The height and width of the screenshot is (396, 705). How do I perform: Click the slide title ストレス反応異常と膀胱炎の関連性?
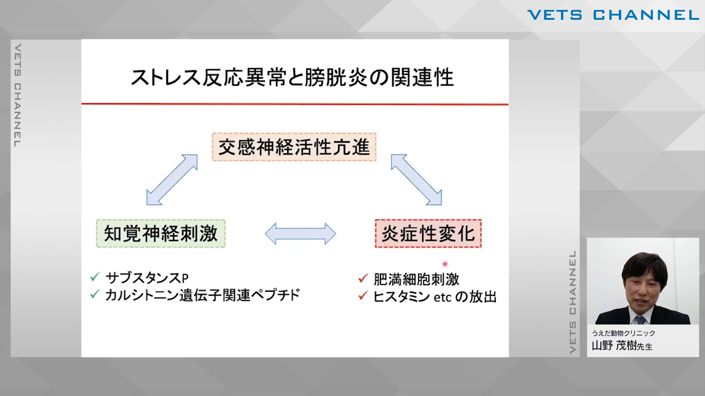(x=292, y=77)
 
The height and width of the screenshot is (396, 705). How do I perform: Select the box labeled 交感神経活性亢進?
(x=294, y=147)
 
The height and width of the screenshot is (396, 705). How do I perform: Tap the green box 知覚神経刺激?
(x=161, y=233)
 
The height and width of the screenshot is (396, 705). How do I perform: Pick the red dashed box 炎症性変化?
(x=428, y=233)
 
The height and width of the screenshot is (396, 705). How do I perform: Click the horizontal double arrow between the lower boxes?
(x=301, y=234)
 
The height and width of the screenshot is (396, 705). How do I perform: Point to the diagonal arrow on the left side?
(x=172, y=179)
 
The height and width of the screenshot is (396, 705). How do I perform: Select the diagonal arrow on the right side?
(x=416, y=179)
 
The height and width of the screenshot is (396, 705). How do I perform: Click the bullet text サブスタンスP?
(x=147, y=278)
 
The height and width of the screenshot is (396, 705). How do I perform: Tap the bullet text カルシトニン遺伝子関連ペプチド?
(x=203, y=295)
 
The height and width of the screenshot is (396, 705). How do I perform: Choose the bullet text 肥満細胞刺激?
(x=416, y=279)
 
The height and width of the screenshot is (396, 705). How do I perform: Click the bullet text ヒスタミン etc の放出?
(x=435, y=297)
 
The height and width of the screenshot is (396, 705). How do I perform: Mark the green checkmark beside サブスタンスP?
(x=95, y=277)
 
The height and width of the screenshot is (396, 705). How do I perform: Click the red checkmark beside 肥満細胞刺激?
(x=363, y=279)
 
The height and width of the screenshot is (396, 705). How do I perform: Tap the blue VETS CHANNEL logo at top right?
(x=613, y=15)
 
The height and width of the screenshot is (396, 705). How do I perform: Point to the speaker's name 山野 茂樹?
(x=614, y=345)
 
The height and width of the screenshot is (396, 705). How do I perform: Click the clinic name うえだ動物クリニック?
(x=623, y=333)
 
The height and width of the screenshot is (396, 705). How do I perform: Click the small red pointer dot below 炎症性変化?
(x=445, y=264)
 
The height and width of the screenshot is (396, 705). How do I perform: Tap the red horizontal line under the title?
(x=295, y=104)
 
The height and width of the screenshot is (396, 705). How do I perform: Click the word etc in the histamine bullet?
(x=442, y=297)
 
